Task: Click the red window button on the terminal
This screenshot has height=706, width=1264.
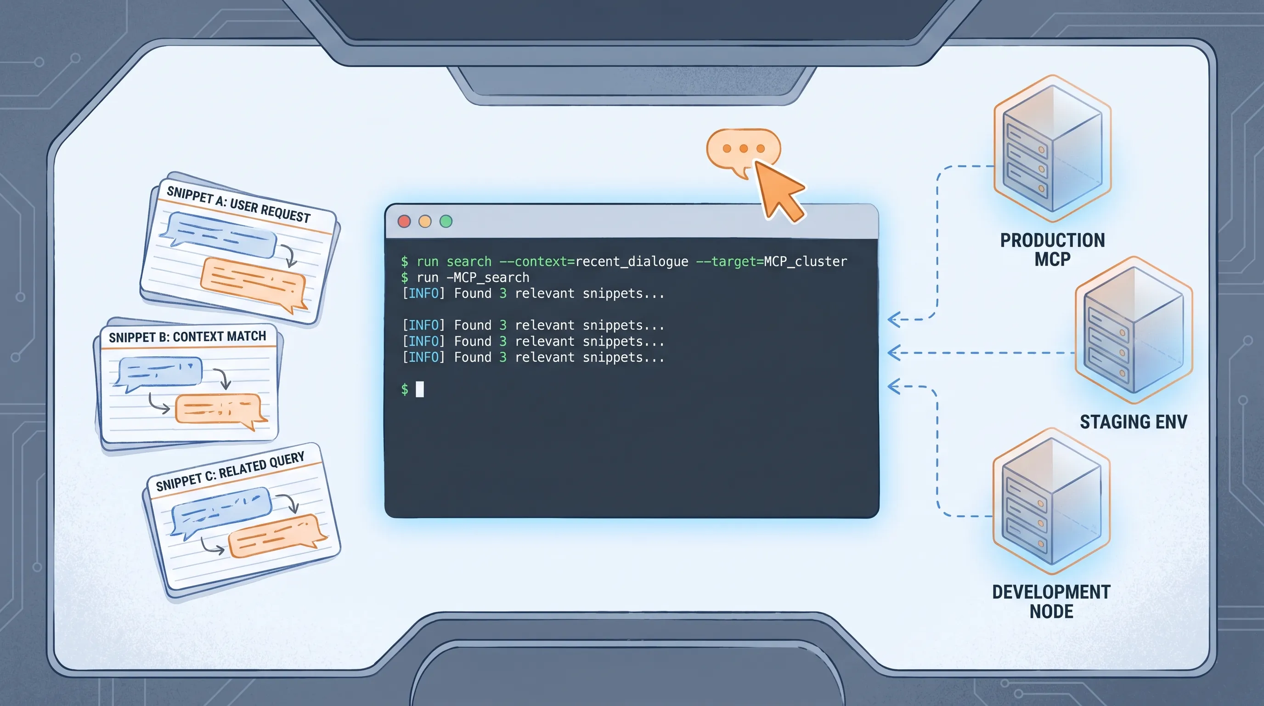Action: tap(404, 222)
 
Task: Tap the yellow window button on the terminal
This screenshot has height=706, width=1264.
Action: tap(425, 222)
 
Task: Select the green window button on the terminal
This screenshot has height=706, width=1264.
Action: tap(446, 222)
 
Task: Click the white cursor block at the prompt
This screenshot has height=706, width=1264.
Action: tap(420, 389)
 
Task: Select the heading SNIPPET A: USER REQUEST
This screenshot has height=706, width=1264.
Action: tap(238, 204)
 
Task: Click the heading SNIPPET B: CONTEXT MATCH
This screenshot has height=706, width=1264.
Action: tap(187, 337)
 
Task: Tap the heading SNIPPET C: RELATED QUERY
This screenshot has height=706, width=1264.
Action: tap(230, 471)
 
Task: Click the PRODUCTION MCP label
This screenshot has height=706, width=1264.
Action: tap(1053, 250)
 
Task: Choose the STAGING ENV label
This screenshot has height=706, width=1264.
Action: tap(1134, 422)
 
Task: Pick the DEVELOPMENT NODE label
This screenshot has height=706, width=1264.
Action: tap(1051, 601)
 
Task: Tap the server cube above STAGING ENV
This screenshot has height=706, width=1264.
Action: tap(1134, 330)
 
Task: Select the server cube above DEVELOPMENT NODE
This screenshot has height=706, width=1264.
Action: tap(1051, 501)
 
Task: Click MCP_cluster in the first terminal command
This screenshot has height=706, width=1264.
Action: tap(805, 262)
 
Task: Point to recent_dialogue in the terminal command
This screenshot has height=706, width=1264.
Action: tap(632, 262)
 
